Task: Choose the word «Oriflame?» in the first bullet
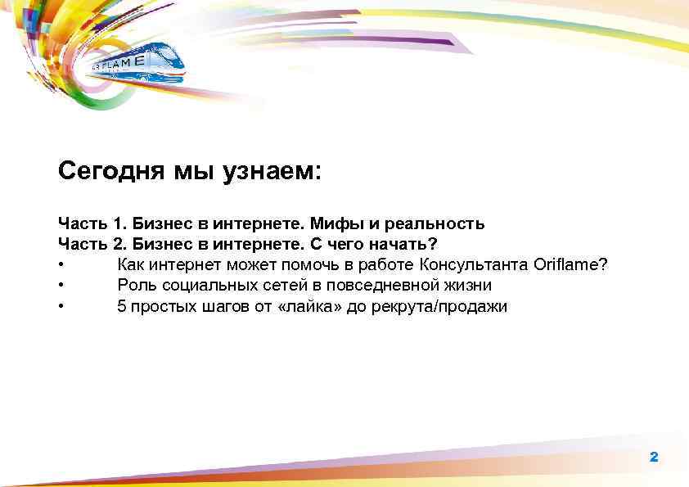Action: (x=570, y=265)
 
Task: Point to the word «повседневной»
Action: (x=384, y=286)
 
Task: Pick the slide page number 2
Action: (x=654, y=457)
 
